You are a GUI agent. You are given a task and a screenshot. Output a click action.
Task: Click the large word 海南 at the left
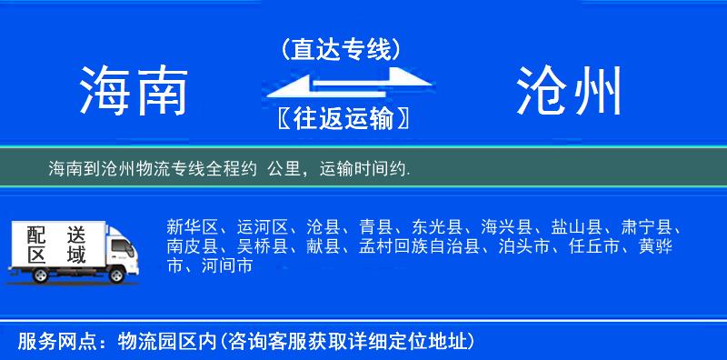coord(133,92)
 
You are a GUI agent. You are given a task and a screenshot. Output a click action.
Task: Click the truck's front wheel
coord(117,274)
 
